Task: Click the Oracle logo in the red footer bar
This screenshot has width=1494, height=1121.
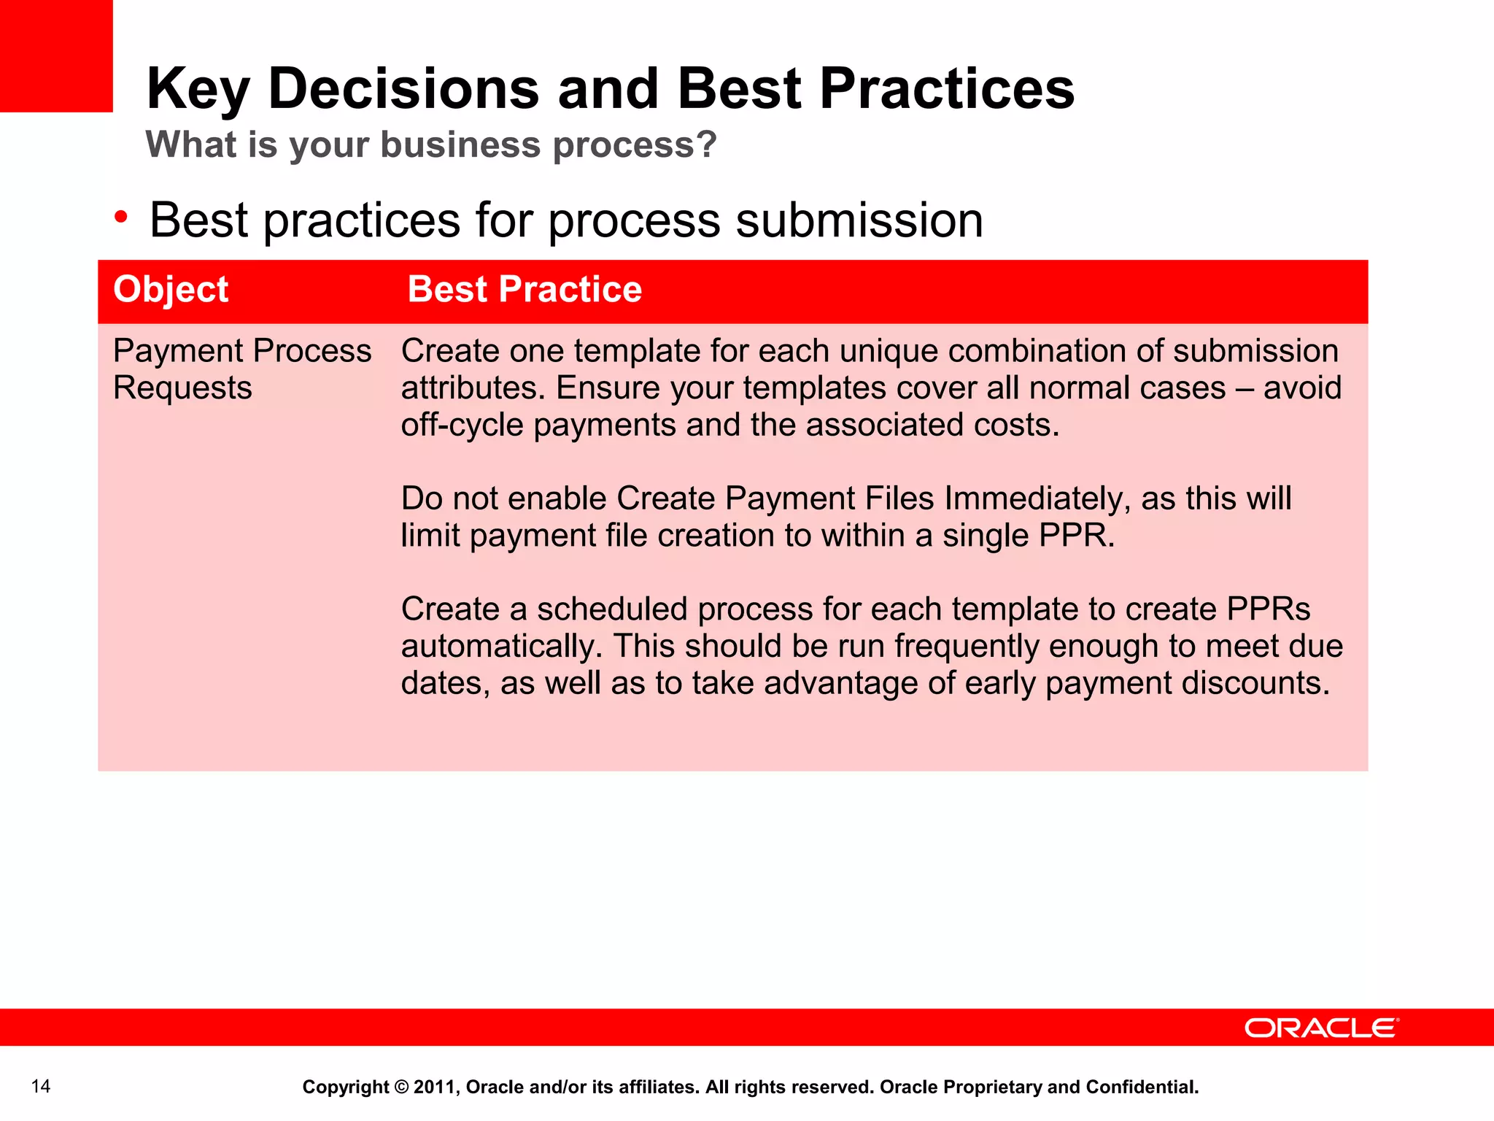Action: (1321, 1028)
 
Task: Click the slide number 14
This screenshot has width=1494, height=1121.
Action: (41, 1087)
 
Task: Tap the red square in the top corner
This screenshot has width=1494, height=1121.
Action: (56, 55)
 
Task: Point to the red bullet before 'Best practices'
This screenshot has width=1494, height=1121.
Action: (121, 217)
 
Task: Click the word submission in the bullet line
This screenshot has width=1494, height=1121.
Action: (859, 220)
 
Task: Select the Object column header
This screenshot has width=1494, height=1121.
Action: (171, 289)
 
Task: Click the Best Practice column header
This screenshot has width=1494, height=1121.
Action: (525, 289)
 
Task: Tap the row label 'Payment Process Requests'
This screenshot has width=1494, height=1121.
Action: (241, 369)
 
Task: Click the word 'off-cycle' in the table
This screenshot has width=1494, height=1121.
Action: (462, 425)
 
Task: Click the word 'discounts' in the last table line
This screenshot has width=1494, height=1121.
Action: (1252, 683)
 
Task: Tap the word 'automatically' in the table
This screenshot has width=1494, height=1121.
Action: (501, 647)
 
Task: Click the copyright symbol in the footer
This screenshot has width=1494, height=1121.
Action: (401, 1087)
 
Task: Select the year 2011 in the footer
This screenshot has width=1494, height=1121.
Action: (436, 1087)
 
